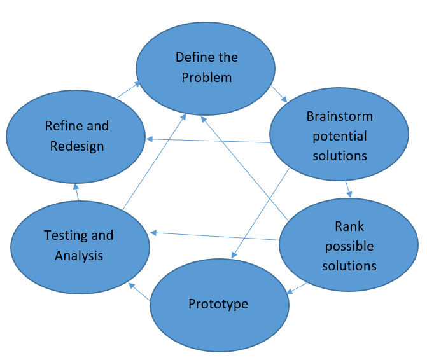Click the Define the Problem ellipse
pyautogui.click(x=206, y=67)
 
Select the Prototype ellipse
pyautogui.click(x=219, y=304)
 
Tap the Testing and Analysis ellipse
pyautogui.click(x=79, y=246)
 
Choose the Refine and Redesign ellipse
pyautogui.click(x=75, y=136)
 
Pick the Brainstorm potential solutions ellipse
pyautogui.click(x=339, y=135)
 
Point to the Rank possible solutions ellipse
pyautogui.click(x=349, y=246)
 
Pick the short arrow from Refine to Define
pyautogui.click(x=129, y=90)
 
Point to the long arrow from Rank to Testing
pyautogui.click(x=214, y=236)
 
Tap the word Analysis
pyautogui.click(x=79, y=256)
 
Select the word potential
pyautogui.click(x=339, y=136)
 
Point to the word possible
pyautogui.click(x=349, y=246)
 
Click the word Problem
pyautogui.click(x=206, y=77)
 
